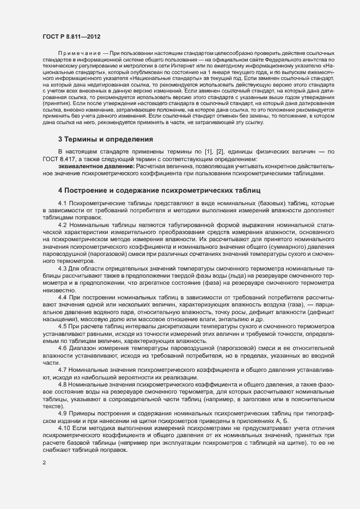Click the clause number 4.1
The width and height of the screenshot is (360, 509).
click(62, 203)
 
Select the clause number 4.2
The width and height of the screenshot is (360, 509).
click(62, 224)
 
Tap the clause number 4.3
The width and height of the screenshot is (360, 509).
click(62, 268)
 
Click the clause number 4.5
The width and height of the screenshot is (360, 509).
click(62, 326)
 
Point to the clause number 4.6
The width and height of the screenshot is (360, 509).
click(62, 347)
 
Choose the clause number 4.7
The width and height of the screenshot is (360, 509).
click(62, 369)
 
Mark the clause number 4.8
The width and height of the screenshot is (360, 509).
click(62, 383)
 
